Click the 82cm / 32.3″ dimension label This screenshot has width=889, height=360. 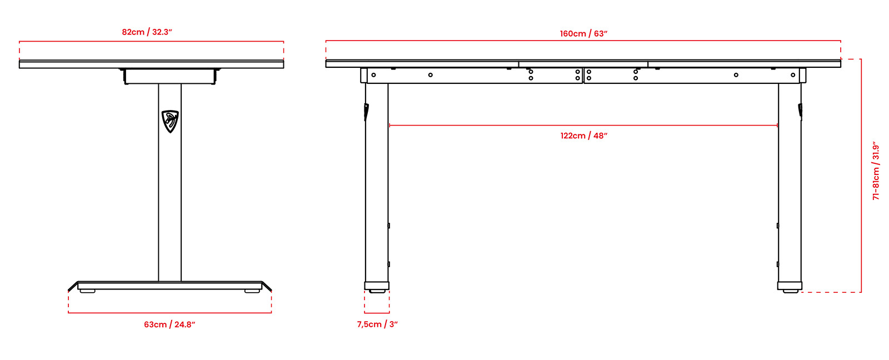[147, 32]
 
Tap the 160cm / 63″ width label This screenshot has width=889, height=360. [584, 34]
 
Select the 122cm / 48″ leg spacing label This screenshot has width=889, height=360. [584, 136]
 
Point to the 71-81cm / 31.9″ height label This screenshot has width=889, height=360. [876, 171]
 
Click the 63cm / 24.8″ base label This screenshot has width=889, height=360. [169, 324]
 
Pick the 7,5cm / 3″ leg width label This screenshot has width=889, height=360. [377, 324]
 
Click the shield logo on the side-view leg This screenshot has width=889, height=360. [170, 122]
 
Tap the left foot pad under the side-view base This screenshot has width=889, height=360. [88, 291]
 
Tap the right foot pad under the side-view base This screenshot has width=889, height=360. [252, 291]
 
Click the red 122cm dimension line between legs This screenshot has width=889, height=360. [583, 126]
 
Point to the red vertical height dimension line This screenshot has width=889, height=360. [861, 176]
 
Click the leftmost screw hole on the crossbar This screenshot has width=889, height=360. [373, 75]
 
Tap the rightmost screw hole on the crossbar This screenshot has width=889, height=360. [793, 75]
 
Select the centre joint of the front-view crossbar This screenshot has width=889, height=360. [583, 76]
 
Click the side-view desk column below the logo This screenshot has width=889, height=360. [170, 207]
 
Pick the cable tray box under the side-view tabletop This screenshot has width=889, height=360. [170, 76]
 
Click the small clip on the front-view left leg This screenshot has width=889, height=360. [366, 112]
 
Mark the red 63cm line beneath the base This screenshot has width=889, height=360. [170, 313]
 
